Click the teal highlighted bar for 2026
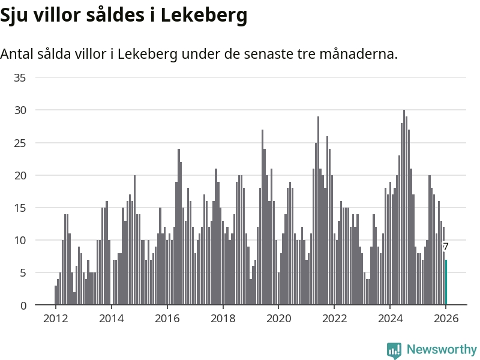(446, 283)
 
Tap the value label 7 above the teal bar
(445, 247)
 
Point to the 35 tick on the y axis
(20, 77)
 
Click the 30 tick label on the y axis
(20, 110)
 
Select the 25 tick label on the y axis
(20, 143)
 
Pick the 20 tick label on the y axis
(20, 175)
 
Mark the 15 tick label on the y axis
(20, 208)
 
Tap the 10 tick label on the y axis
(20, 241)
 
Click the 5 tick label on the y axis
(23, 273)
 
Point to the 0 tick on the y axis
(23, 305)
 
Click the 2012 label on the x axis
(55, 319)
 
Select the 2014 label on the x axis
(111, 319)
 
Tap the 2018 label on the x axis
(223, 319)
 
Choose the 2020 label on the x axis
(278, 319)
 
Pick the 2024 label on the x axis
(390, 319)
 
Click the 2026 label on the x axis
(446, 319)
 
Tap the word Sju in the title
(16, 16)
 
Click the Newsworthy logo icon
(394, 350)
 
